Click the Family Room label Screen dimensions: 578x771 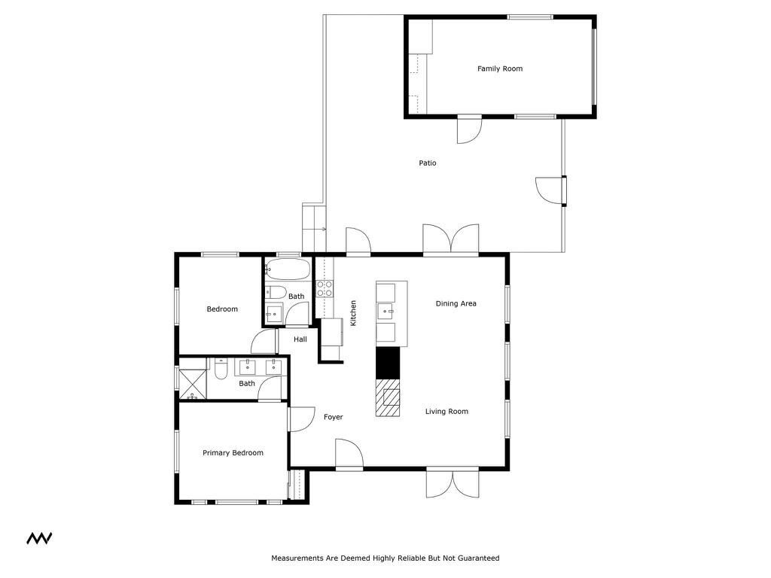coord(499,68)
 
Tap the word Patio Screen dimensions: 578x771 coord(428,163)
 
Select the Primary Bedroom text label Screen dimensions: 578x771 coord(233,453)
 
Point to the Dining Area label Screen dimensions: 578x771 coord(456,304)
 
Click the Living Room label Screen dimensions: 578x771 coord(446,412)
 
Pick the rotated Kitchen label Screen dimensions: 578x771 coord(353,313)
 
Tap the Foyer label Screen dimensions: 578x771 coord(333,417)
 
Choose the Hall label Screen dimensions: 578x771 coord(300,339)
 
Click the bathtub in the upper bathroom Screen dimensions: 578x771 coord(287,269)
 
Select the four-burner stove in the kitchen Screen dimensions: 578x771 coord(325,288)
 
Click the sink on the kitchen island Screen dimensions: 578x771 coord(387,310)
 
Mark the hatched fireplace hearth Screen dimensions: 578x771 coord(388,397)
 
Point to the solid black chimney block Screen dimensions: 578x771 coord(388,363)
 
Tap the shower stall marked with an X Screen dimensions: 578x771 coord(193,383)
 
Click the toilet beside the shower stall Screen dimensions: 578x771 coord(221,370)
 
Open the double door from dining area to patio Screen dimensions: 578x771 coord(450,240)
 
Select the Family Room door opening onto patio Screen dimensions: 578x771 coord(468,130)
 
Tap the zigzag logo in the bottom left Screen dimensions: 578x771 coord(39,538)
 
